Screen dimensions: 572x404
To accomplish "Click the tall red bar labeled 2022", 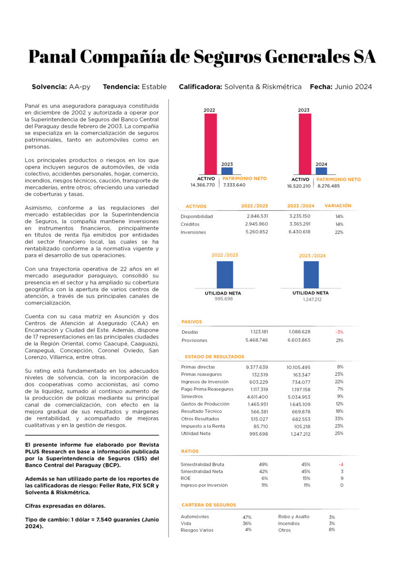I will [210, 143].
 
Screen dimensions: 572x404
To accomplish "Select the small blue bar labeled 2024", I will [322, 171].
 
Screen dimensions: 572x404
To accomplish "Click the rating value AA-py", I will [80, 87].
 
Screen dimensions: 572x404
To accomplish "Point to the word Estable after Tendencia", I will [154, 87].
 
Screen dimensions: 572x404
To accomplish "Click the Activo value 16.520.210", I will [299, 186].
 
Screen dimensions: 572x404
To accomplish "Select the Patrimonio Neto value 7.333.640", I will [234, 185].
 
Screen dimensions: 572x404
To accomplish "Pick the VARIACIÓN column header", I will [338, 206].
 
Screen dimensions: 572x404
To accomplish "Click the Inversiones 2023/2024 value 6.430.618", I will [300, 232].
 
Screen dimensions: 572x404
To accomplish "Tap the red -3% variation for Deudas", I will [339, 332].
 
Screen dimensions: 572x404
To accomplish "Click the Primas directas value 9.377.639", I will [257, 367].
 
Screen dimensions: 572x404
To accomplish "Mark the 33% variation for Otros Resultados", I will [339, 419].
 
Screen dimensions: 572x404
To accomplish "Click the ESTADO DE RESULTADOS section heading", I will [214, 357].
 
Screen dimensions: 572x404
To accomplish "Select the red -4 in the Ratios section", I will [341, 464].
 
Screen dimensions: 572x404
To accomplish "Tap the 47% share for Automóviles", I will [247, 517].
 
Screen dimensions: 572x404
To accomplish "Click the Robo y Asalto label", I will [293, 517].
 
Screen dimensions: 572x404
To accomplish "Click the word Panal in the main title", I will [51, 56].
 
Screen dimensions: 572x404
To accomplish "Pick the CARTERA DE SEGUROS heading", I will [209, 505].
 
